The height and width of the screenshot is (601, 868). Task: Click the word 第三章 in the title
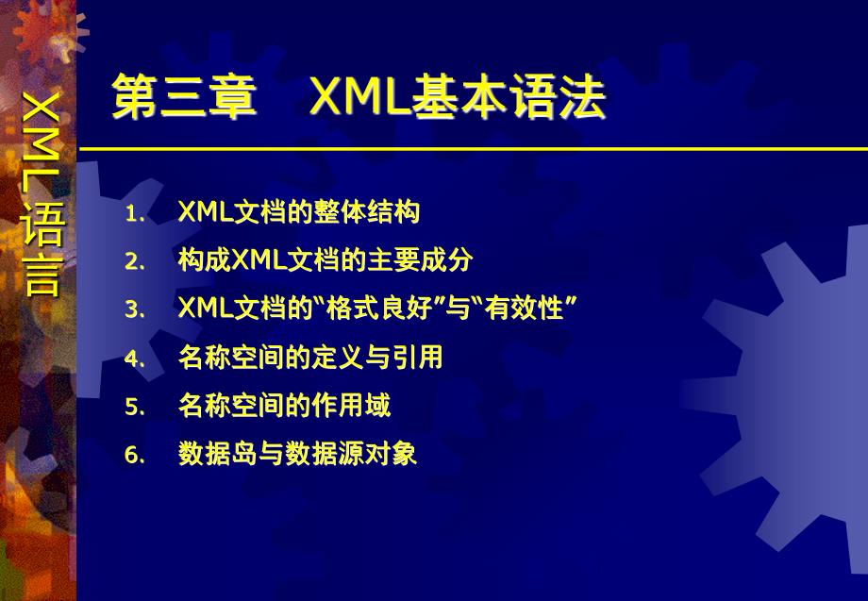pyautogui.click(x=184, y=97)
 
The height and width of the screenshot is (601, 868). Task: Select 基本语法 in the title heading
pyautogui.click(x=509, y=97)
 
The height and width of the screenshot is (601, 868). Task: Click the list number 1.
pyautogui.click(x=135, y=214)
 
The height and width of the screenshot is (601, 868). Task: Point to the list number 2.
pyautogui.click(x=135, y=262)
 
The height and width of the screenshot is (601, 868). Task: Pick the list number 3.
pyautogui.click(x=135, y=309)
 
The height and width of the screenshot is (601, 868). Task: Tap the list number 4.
pyautogui.click(x=135, y=359)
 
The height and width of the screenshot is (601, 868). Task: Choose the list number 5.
pyautogui.click(x=135, y=408)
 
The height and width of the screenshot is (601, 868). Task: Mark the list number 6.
pyautogui.click(x=135, y=456)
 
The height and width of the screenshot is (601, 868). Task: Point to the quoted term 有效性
pyautogui.click(x=524, y=308)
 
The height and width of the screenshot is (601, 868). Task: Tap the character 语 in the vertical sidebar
pyautogui.click(x=42, y=225)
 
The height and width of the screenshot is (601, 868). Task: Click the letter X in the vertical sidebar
pyautogui.click(x=42, y=109)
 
